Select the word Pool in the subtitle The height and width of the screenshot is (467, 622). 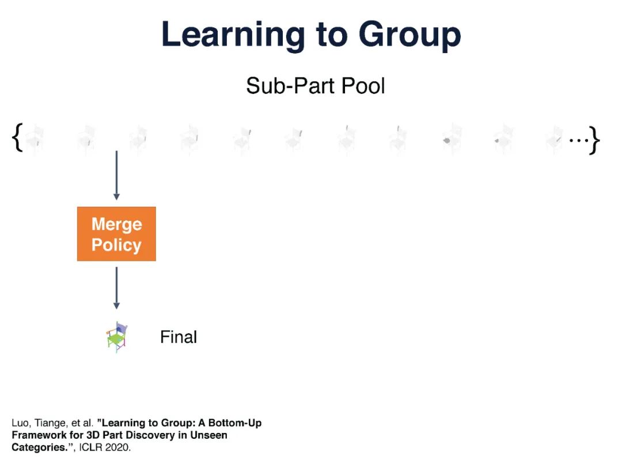tap(362, 86)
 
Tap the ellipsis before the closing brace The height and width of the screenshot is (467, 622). tap(578, 140)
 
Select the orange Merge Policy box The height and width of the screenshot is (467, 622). tap(116, 234)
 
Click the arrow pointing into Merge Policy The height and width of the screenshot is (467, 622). tap(116, 175)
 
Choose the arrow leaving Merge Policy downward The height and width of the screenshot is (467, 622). tap(116, 288)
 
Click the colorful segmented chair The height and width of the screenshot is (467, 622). tap(117, 337)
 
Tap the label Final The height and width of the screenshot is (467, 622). tap(179, 337)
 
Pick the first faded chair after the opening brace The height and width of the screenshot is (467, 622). tap(35, 140)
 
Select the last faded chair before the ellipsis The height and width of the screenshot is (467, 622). tap(555, 140)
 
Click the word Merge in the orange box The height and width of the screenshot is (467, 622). tap(116, 224)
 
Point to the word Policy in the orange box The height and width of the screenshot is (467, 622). tap(116, 245)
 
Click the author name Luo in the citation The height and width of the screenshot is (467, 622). tap(20, 423)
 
